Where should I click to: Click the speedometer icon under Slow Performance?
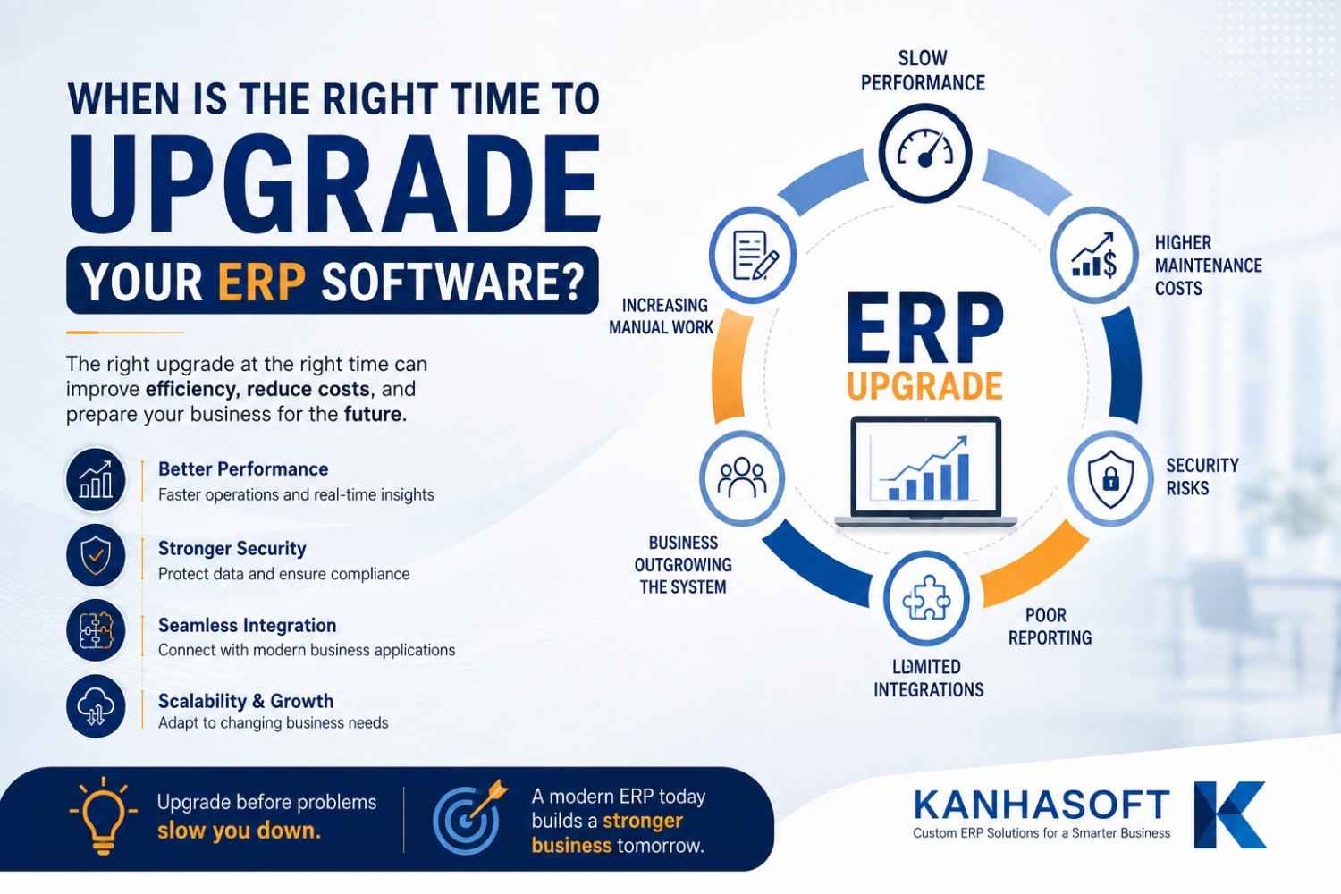[x=925, y=153]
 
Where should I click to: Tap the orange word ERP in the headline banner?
[x=262, y=282]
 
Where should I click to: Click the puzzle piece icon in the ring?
[x=926, y=597]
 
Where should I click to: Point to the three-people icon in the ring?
[x=742, y=477]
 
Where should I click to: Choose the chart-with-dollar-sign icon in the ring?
[x=1094, y=256]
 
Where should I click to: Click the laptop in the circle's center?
[x=925, y=472]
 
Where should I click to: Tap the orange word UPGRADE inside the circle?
[x=924, y=386]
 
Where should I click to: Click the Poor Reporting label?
[x=1050, y=627]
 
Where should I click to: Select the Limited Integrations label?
[x=929, y=678]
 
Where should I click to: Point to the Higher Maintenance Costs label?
[x=1208, y=266]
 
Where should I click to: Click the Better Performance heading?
[x=243, y=468]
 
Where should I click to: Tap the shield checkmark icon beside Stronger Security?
[x=96, y=555]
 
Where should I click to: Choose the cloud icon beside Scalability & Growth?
[x=96, y=706]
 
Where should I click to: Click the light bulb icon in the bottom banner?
[x=104, y=815]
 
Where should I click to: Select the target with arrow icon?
[x=469, y=817]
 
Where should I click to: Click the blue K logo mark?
[x=1229, y=814]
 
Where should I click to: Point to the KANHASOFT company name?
[x=1042, y=805]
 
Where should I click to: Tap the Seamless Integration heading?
[x=248, y=625]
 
